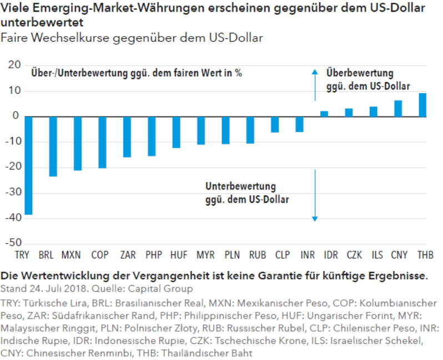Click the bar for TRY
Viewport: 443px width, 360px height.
tap(28, 165)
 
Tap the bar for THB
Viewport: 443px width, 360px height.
tap(422, 105)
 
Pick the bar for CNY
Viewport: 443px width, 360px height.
tap(398, 108)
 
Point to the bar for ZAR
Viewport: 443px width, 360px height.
tap(127, 137)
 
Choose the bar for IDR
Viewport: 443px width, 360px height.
tap(324, 114)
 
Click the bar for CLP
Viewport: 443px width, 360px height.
tap(275, 124)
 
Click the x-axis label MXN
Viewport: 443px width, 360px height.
tap(71, 256)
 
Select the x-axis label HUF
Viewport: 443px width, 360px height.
tap(179, 256)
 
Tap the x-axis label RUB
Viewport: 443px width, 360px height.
tap(258, 256)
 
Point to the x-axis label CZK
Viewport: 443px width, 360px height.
tap(354, 256)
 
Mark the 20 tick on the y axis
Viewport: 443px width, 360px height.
tap(15, 65)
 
